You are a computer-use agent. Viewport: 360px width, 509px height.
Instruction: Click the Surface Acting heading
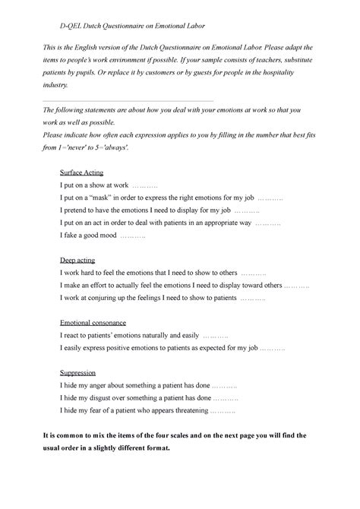coord(81,172)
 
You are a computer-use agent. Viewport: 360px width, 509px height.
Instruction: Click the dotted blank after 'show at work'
coord(144,185)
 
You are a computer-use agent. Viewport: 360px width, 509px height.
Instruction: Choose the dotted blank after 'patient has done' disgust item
coord(226,398)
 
